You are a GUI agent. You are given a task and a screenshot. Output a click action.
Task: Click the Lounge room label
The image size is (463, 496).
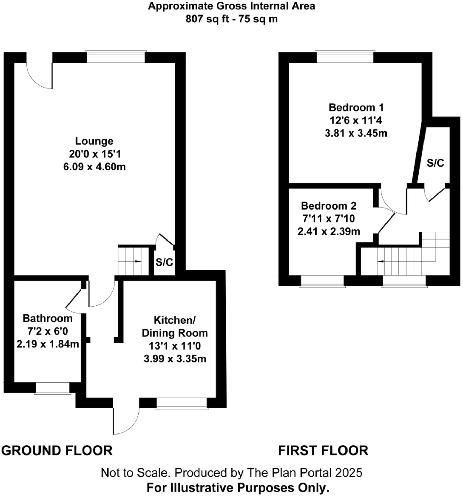click(94, 141)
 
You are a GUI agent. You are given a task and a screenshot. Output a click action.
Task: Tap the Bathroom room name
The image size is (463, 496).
click(48, 318)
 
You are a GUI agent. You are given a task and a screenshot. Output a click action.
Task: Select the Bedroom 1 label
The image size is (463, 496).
click(356, 107)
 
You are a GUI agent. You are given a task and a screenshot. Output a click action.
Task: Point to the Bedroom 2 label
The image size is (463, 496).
click(329, 206)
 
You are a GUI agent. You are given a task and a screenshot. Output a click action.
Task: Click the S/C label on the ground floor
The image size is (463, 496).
click(164, 262)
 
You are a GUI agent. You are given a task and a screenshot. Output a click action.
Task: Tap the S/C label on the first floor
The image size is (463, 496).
click(435, 163)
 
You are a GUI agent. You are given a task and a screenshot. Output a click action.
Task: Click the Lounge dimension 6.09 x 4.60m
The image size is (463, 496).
click(94, 167)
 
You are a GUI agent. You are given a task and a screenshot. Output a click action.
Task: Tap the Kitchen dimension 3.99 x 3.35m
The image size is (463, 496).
click(175, 359)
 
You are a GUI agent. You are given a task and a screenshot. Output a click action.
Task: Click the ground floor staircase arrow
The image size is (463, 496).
click(138, 261)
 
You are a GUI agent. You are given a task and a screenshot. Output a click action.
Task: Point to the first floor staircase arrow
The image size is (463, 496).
click(381, 261)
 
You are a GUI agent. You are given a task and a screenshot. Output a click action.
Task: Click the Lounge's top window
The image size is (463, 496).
click(116, 57)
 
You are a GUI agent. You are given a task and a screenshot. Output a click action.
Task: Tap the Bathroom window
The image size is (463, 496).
click(53, 388)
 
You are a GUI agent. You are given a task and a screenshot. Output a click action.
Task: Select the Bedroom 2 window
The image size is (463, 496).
click(322, 281)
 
